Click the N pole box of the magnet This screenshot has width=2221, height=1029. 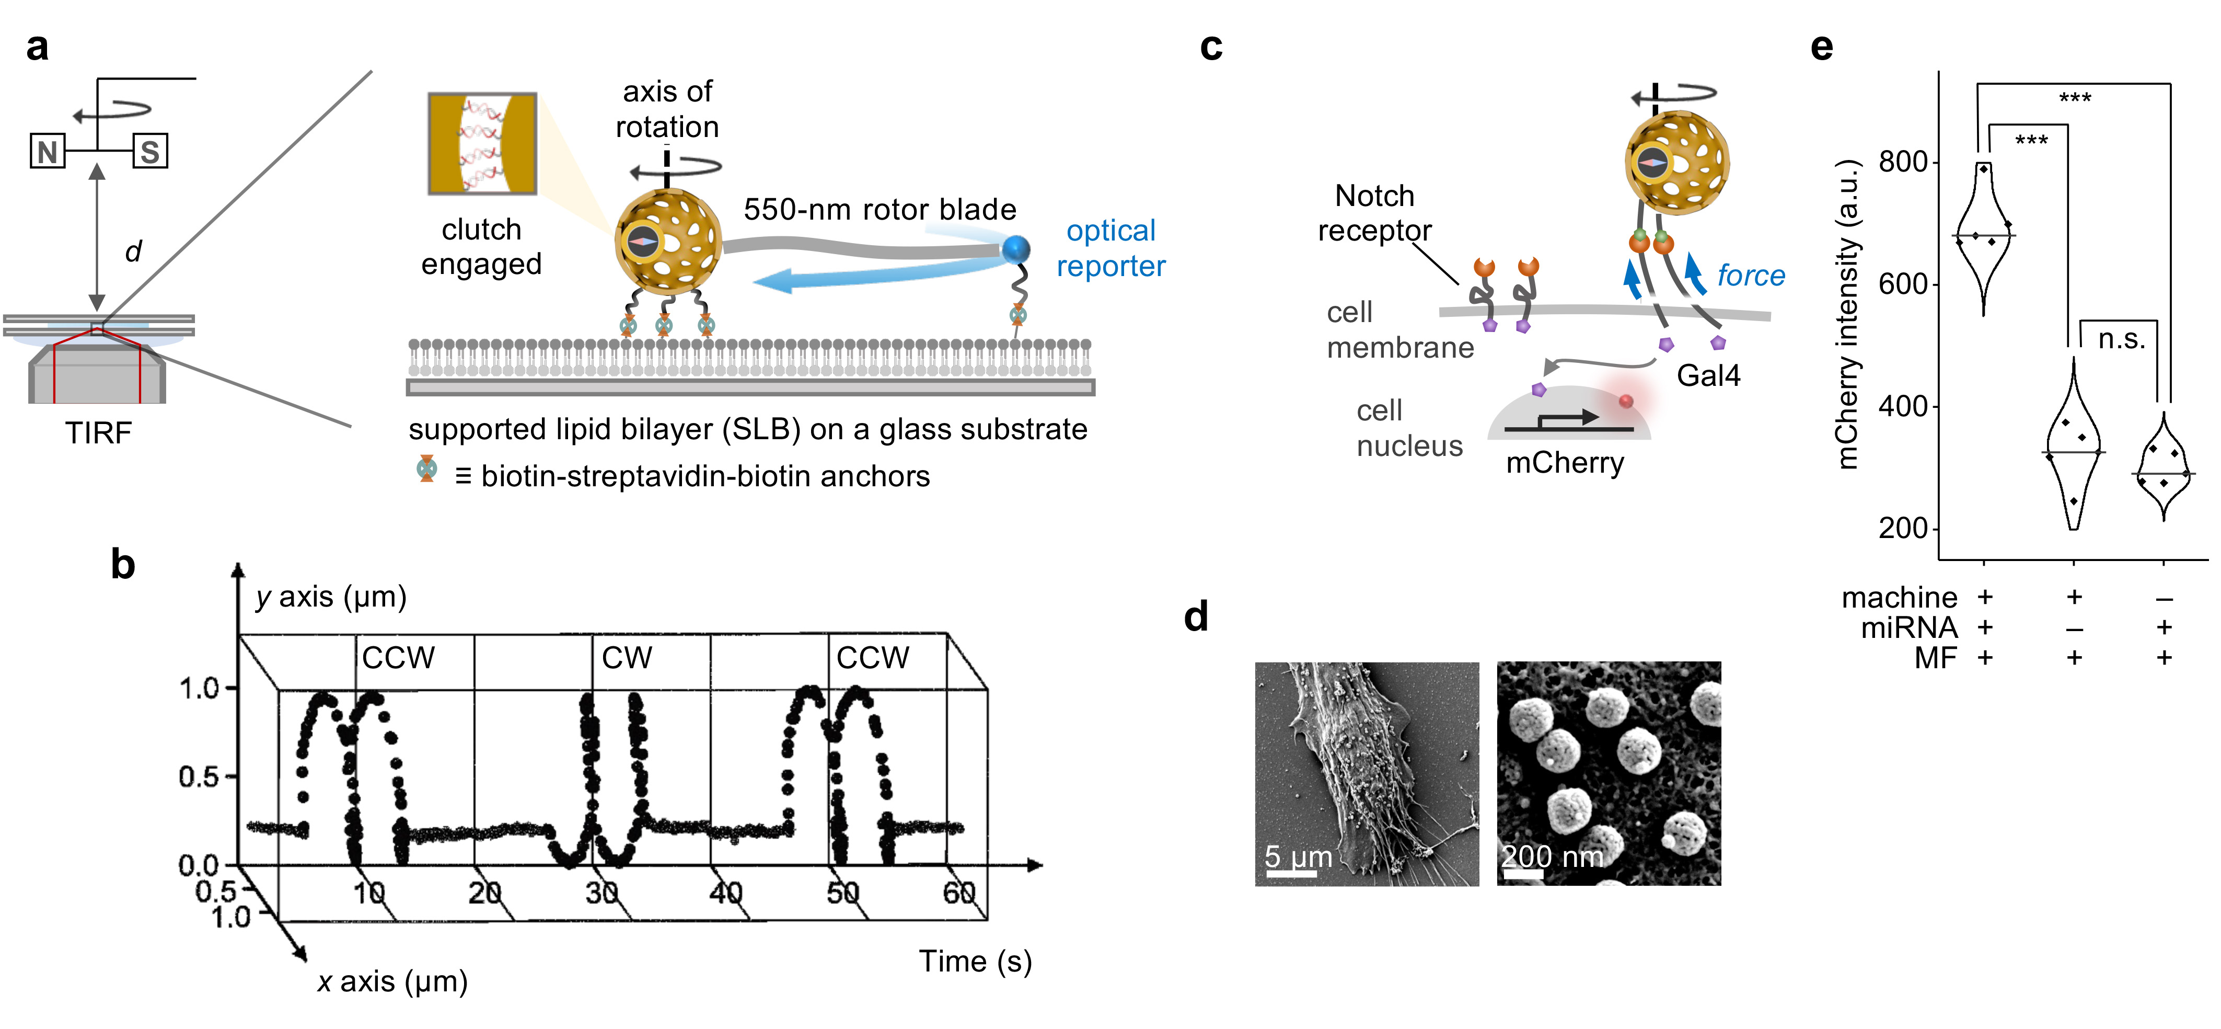coord(48,152)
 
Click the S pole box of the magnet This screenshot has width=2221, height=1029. coord(150,152)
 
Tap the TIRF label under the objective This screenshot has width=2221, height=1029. coord(98,433)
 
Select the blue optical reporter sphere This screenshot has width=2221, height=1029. coord(1016,249)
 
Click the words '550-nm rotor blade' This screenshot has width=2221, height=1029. coord(880,210)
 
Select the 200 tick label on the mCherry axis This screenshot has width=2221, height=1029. coord(1903,528)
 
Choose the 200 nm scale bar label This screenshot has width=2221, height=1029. coord(1553,856)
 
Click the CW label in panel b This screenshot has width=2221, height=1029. coord(627,658)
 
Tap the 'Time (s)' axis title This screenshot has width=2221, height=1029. coord(975,962)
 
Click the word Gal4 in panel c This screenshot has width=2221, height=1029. coord(1708,376)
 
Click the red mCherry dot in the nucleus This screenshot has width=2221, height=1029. coord(1626,401)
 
